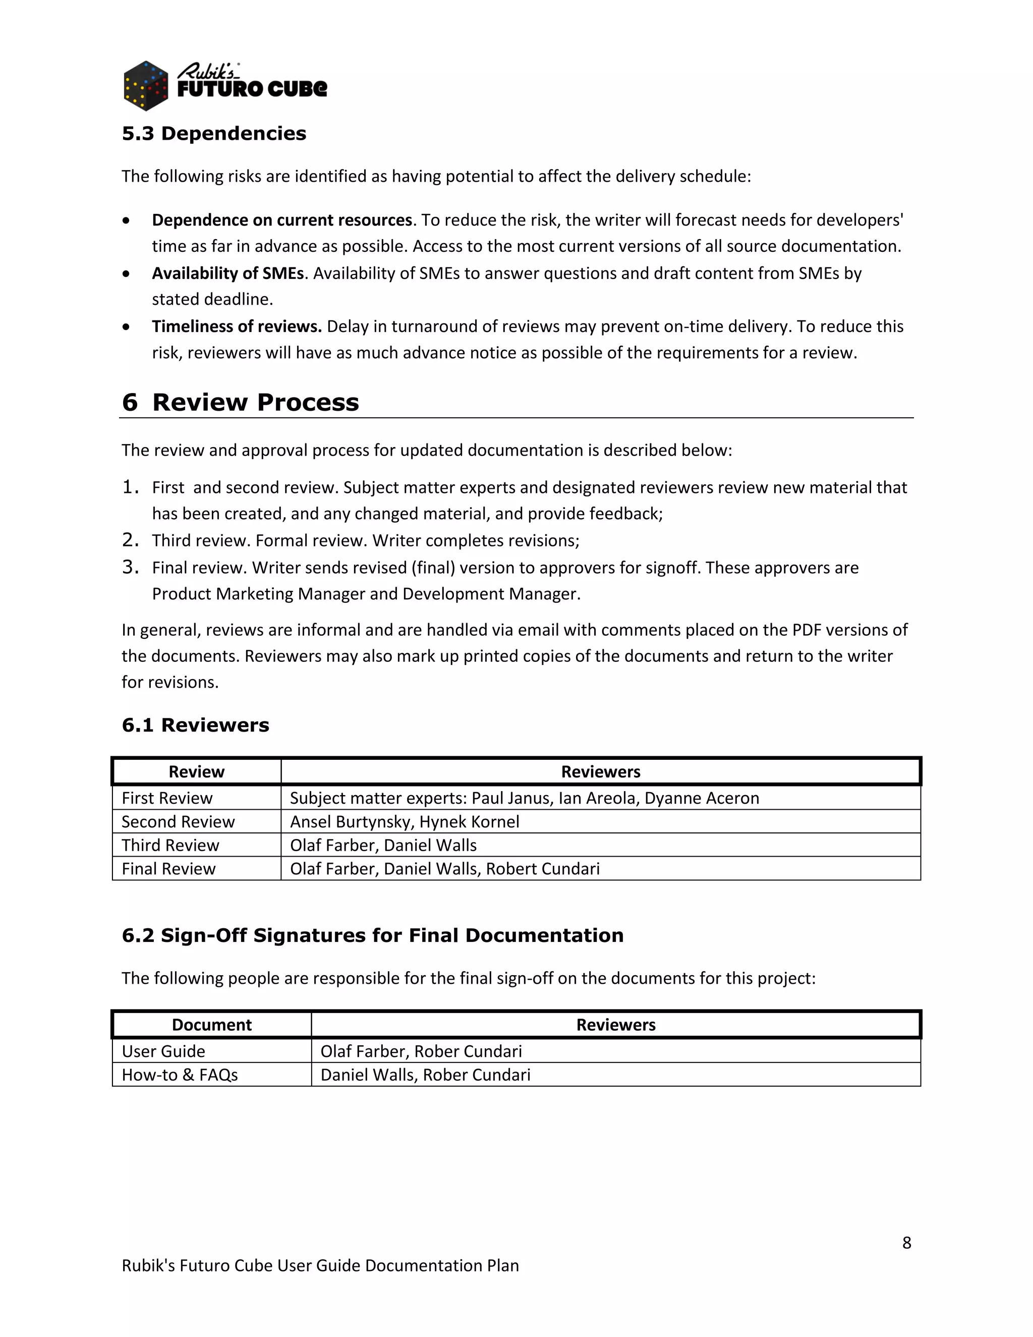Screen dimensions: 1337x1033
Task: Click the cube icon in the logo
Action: point(146,86)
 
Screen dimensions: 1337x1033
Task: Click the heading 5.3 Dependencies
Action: point(213,134)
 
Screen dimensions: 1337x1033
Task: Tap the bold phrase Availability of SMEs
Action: point(227,273)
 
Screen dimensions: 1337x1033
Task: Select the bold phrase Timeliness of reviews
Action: point(237,326)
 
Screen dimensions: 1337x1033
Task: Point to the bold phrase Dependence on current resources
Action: point(281,220)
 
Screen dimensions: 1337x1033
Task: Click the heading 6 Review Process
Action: point(240,402)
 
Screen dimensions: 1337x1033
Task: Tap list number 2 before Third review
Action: point(130,540)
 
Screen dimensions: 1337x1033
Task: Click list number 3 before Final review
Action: point(130,567)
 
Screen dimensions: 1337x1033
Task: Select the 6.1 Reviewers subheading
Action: point(195,725)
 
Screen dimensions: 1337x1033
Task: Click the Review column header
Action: point(196,771)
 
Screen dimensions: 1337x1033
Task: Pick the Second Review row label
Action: point(178,821)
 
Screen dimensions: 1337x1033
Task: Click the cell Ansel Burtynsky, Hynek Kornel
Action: point(405,821)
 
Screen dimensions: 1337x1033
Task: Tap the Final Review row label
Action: point(168,869)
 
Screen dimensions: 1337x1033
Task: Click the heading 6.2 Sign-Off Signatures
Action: point(372,935)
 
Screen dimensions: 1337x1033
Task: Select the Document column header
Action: point(212,1025)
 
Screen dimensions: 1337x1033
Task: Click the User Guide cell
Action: point(163,1051)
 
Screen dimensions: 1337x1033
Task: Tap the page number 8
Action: point(906,1243)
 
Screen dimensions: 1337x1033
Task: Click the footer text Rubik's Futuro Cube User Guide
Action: point(320,1265)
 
